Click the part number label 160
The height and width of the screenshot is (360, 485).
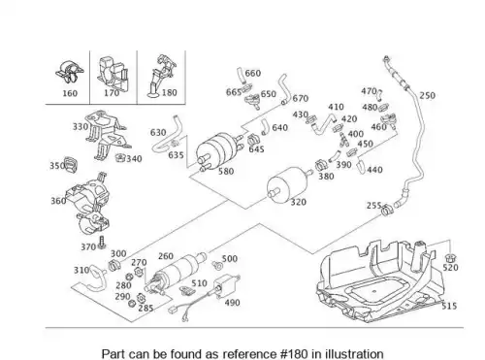click(x=70, y=93)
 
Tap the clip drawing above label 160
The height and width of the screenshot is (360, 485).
click(x=69, y=72)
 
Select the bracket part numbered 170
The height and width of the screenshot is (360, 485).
click(x=113, y=75)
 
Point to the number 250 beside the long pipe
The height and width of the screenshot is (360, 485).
click(x=428, y=95)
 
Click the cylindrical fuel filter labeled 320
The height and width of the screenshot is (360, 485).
click(x=287, y=184)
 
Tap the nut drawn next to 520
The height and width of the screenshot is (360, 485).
click(x=450, y=258)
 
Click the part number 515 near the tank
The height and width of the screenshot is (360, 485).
click(x=449, y=306)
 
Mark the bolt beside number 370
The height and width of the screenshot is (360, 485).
click(x=102, y=243)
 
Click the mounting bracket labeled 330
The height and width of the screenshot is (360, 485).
click(x=106, y=134)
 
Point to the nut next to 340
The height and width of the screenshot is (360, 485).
click(x=120, y=158)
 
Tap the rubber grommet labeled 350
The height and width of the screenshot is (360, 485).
click(x=71, y=165)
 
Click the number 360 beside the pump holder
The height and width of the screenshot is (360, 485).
click(x=58, y=201)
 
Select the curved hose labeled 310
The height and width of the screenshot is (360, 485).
click(x=93, y=278)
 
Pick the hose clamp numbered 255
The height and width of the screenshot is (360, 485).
click(x=387, y=210)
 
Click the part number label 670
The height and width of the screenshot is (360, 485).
click(x=301, y=98)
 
